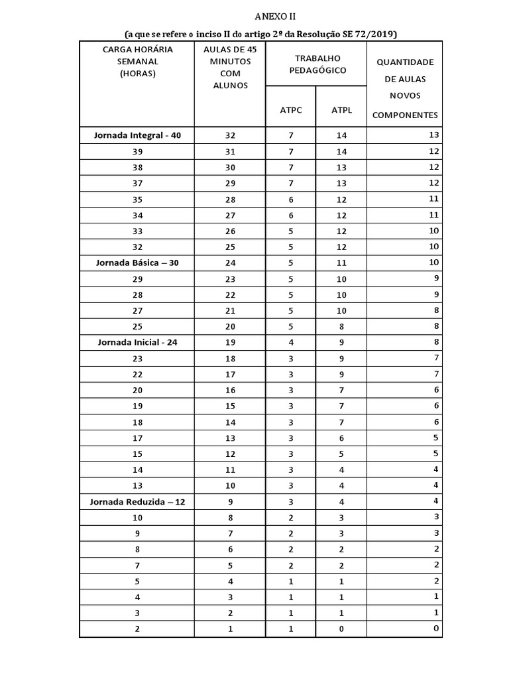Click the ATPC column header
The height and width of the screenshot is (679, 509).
coord(291,110)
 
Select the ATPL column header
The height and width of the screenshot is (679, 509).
coord(341,110)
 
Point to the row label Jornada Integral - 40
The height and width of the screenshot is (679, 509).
coord(137,135)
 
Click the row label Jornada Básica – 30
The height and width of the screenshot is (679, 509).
coord(137,263)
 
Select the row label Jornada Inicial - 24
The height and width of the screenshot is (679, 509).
coord(137,343)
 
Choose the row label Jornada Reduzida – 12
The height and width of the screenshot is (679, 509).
coord(137,502)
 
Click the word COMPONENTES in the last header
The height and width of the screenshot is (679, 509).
coord(405,115)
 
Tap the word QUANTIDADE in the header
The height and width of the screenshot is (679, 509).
coord(405,62)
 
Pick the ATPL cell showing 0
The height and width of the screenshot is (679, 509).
coord(341,629)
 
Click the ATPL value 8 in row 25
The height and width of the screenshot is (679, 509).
coord(341,326)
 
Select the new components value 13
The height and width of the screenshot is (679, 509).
coord(434,135)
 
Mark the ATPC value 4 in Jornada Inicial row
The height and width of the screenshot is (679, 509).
coord(291,343)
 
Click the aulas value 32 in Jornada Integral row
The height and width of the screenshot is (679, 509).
coord(230,135)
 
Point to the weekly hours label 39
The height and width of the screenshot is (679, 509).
coord(137,152)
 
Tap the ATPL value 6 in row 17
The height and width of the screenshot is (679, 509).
coord(341,438)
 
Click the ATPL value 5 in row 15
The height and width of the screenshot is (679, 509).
coord(341,454)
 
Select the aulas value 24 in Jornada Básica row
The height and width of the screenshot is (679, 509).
coord(230,263)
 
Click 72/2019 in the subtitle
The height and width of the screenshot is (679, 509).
coord(382,33)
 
